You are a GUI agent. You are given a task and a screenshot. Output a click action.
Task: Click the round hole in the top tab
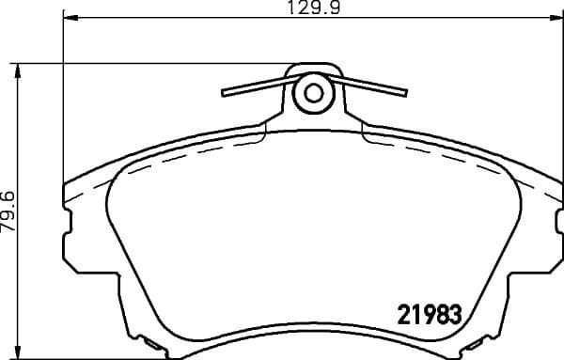(312, 92)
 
